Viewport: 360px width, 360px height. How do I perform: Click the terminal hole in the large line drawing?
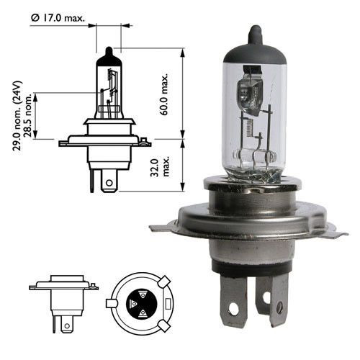(107, 184)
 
